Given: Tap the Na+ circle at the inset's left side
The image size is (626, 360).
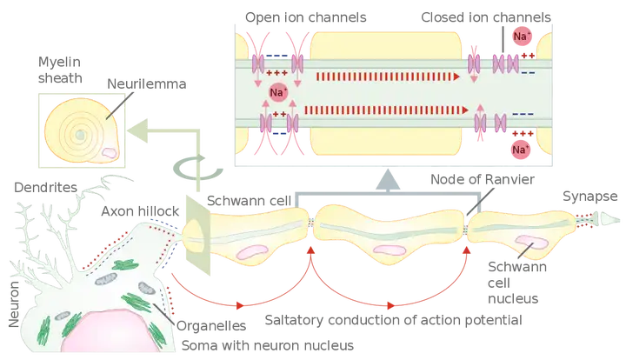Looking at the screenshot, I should coord(278,93).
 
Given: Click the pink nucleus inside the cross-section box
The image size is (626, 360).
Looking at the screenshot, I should coord(110,150).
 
